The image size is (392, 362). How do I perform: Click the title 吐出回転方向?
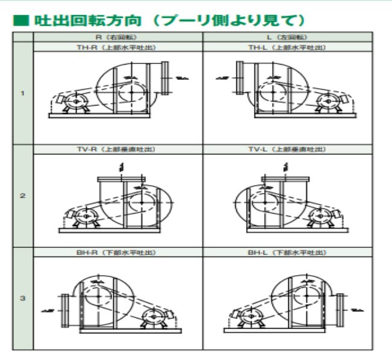[x=87, y=20]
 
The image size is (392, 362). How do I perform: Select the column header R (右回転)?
[x=118, y=37]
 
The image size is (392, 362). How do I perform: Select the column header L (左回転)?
[x=287, y=37]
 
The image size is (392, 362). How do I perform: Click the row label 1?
[x=23, y=94]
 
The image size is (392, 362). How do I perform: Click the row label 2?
[x=23, y=196]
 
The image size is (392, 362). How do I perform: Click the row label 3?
[x=23, y=297]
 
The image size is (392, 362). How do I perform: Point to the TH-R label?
[x=118, y=47]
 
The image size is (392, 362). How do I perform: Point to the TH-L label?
[x=287, y=47]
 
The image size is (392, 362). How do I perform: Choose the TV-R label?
[x=118, y=149]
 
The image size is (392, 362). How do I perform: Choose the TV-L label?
[x=287, y=149]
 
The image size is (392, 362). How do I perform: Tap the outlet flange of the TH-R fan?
[x=165, y=77]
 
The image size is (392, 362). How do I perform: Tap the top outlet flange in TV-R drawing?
[x=121, y=179]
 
